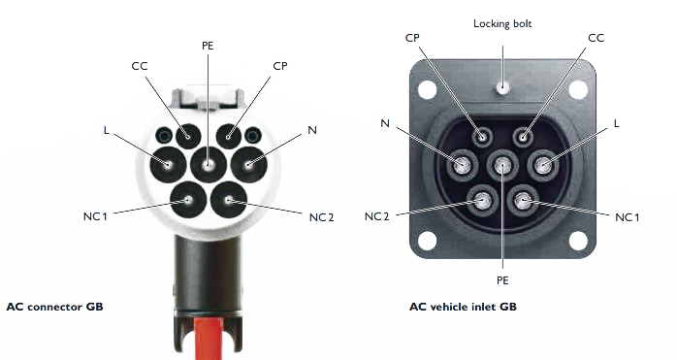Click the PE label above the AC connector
[208, 46]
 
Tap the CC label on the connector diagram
[140, 66]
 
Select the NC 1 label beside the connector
[95, 216]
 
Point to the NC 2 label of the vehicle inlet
[377, 216]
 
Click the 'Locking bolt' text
[502, 23]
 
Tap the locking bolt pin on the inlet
[502, 87]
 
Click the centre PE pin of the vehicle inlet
[502, 165]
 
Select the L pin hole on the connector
[168, 164]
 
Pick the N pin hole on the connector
[248, 164]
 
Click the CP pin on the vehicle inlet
[482, 138]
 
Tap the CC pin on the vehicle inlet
[523, 138]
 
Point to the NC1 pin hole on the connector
[188, 200]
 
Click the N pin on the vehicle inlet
[463, 165]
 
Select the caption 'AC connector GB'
[55, 307]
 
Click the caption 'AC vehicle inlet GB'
[463, 307]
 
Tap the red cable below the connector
[209, 339]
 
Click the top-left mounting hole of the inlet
[427, 89]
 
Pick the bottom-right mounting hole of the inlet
[578, 241]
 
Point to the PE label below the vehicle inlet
[502, 280]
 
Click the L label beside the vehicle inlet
[616, 124]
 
